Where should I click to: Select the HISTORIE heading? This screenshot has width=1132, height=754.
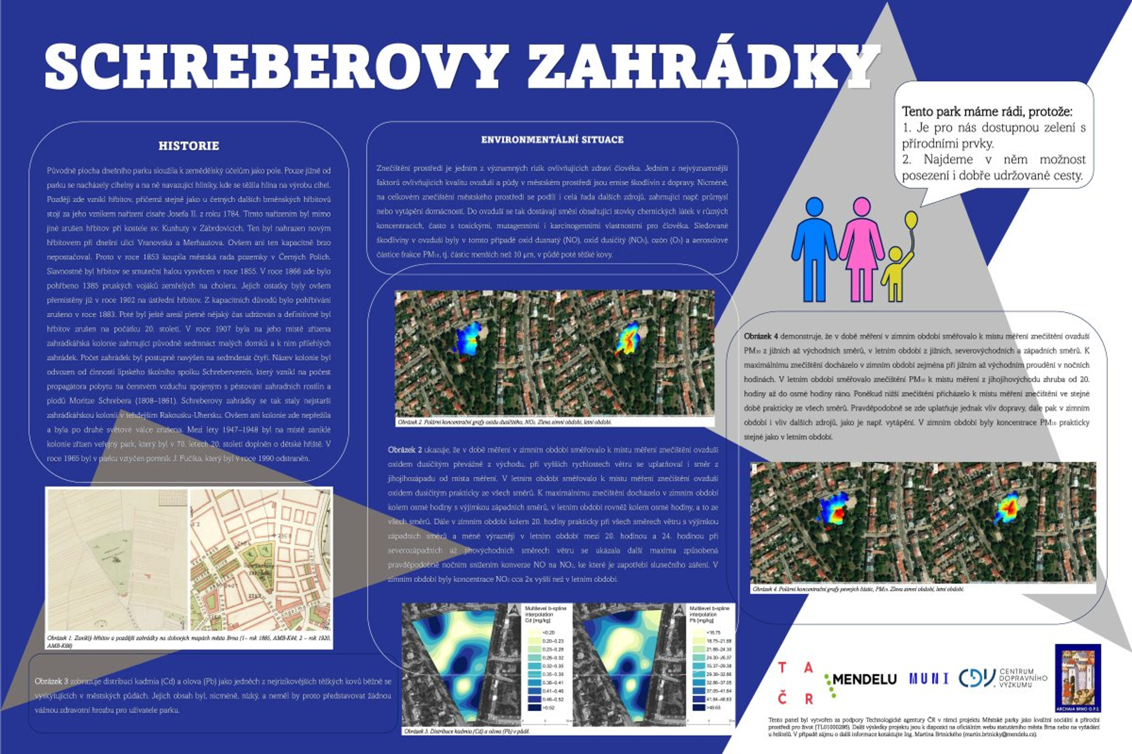189,146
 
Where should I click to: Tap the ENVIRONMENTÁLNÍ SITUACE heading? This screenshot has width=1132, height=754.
552,140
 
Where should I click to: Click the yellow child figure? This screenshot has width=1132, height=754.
895,274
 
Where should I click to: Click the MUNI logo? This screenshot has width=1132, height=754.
929,679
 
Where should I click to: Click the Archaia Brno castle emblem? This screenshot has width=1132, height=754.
1078,678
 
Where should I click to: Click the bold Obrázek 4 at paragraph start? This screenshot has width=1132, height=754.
760,336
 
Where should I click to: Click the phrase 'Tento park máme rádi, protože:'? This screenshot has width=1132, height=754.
987,112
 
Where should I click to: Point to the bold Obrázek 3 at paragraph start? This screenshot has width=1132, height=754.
51,681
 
